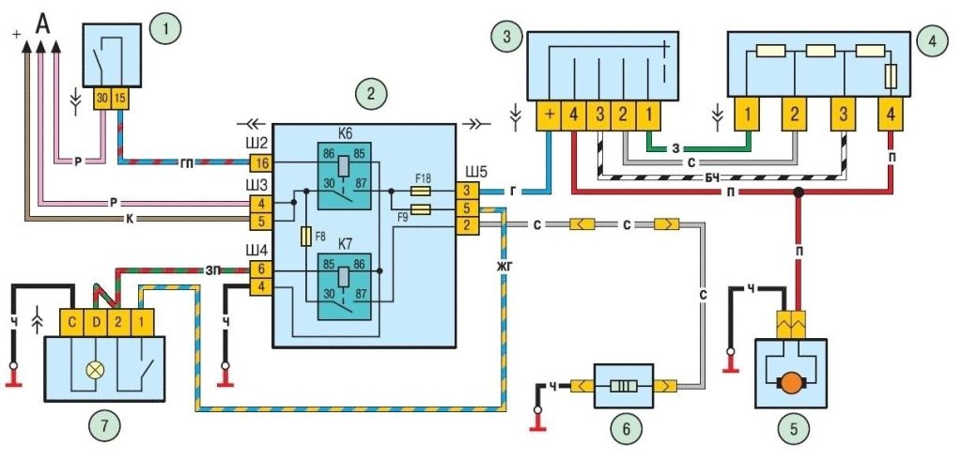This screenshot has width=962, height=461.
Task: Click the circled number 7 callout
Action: pos(103,425)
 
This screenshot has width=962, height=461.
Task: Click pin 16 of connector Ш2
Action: pos(259,162)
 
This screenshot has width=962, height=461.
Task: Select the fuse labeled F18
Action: pos(423,192)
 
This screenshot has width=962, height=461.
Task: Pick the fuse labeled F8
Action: pos(305,238)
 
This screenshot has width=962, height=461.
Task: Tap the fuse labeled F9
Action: pos(423,209)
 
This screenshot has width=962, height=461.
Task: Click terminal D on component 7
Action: pos(97,324)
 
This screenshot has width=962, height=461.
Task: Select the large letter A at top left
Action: pos(42,23)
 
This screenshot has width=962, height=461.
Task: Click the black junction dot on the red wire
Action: pos(799,192)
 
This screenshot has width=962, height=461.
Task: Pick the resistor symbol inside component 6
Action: pos(623,388)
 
